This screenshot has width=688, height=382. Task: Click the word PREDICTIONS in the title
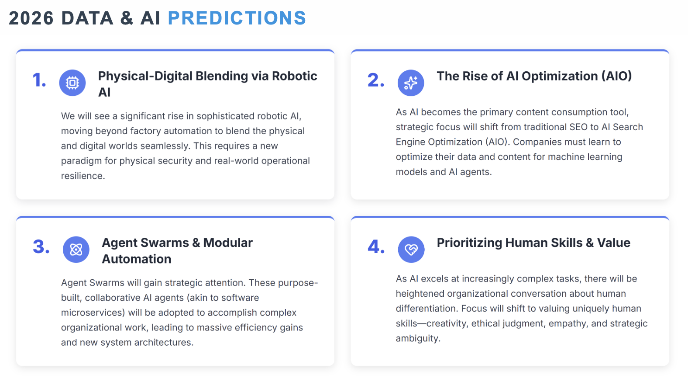pos(237,18)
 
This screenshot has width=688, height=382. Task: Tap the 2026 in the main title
pos(31,18)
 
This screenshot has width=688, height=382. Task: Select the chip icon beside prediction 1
pos(72,83)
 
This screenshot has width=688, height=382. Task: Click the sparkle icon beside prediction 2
pos(411,83)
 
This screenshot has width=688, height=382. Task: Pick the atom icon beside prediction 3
pos(76,250)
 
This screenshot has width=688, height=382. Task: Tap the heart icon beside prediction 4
pos(411,250)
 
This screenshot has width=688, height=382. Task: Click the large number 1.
pos(39,80)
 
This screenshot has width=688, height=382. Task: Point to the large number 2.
pos(376,80)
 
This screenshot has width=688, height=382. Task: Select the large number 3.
pos(41,247)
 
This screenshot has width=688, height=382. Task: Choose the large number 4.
pos(376,247)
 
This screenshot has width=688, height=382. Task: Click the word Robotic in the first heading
pos(295,76)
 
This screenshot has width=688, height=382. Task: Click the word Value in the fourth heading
pos(614,243)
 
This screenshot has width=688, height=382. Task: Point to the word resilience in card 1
pos(82,176)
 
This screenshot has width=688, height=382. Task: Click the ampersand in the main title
pos(127,18)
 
